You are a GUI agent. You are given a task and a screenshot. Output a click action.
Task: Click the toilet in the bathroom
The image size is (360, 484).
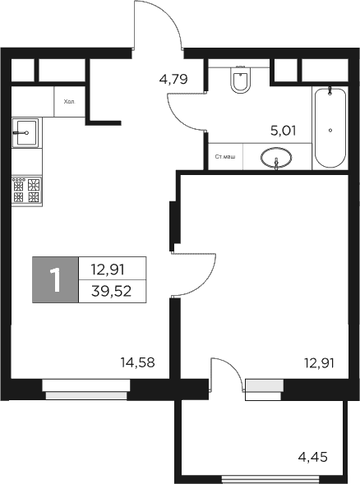click(241, 81)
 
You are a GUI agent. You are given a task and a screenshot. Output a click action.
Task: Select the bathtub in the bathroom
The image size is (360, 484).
click(330, 127)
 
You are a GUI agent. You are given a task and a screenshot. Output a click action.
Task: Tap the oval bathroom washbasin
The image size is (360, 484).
click(277, 156)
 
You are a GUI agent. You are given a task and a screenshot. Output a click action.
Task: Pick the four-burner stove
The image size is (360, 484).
click(27, 191)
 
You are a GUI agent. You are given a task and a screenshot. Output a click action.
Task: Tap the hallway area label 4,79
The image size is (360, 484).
click(173, 80)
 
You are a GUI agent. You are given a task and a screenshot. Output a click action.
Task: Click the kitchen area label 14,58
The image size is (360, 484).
click(137, 362)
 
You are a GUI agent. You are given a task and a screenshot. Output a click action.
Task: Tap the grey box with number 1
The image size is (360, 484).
click(55, 279)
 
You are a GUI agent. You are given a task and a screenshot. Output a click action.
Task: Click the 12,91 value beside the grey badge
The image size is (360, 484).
click(112, 268)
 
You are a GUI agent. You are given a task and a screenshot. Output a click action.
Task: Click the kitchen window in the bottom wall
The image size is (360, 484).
click(86, 394)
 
